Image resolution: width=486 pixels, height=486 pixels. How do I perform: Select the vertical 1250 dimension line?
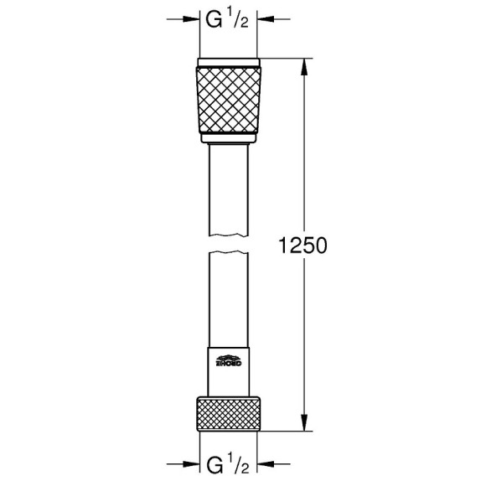[304, 168]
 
